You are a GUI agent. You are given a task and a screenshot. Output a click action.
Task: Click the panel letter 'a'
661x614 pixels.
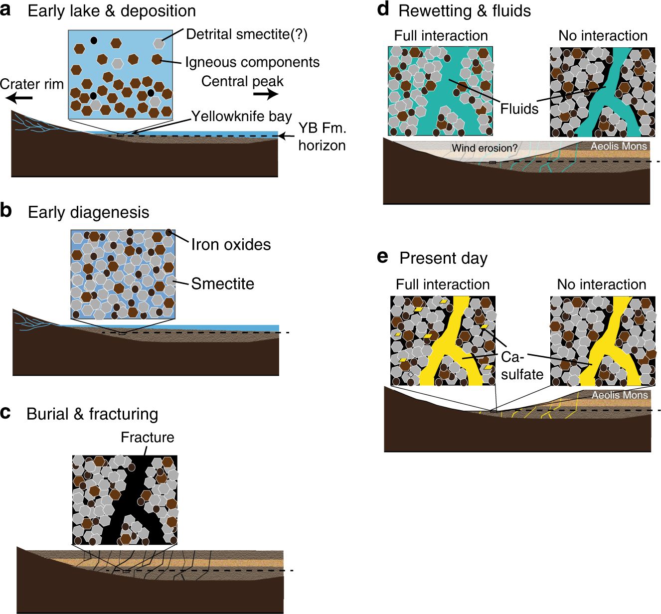6,10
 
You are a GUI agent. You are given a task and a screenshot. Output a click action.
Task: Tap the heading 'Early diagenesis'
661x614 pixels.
88,212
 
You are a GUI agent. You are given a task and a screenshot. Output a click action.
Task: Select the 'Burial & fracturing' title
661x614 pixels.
92,414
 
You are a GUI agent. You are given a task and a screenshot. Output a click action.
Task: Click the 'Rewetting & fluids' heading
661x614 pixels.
465,11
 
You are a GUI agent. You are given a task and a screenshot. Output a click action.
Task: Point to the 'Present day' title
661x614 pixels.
443,258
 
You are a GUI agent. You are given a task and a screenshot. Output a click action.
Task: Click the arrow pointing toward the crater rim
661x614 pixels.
20,98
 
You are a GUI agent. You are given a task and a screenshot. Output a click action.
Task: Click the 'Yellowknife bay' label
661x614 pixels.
242,116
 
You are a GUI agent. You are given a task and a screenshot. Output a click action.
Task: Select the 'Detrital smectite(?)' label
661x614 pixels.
247,34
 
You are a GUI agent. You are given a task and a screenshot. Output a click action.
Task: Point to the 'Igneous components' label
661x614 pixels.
252,62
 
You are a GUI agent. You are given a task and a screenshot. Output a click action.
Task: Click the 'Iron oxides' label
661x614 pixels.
231,245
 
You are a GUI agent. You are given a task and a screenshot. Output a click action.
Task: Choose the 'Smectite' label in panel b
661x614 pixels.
222,284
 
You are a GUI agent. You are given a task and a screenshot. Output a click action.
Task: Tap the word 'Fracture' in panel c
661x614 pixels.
148,437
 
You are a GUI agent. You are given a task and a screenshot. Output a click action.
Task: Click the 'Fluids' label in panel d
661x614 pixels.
519,109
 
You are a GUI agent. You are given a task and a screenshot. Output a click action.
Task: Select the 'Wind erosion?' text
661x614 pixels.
485,148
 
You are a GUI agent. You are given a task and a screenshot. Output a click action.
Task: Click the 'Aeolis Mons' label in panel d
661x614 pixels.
619,146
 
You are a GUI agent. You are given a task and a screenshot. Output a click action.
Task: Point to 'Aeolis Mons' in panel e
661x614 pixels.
620,395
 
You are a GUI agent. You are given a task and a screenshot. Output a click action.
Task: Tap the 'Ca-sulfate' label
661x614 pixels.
521,366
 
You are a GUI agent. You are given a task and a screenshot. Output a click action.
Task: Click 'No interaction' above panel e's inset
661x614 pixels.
601,285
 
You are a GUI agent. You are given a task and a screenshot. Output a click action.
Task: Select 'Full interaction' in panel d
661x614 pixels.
441,36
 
